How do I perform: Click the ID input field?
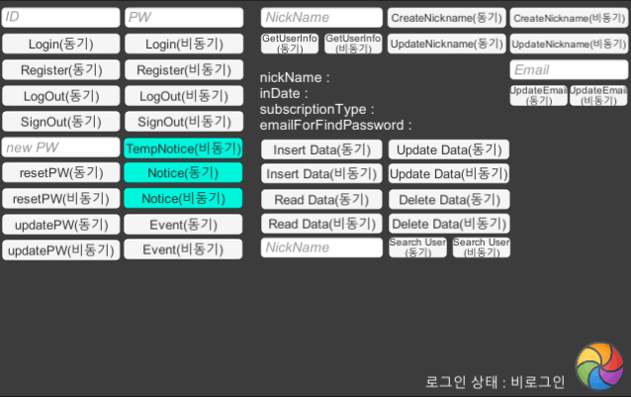point(60,18)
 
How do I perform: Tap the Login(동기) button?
point(60,44)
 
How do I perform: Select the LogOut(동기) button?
point(60,95)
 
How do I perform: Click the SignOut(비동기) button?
point(183,121)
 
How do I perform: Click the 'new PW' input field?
point(60,148)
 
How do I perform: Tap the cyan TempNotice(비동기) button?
point(183,148)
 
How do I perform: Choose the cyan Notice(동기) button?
point(183,172)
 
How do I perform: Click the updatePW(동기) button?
point(60,224)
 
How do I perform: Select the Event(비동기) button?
point(183,249)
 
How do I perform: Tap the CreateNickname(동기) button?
point(446,18)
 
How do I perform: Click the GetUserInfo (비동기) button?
point(352,43)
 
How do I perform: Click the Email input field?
point(569,70)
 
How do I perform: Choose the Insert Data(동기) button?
point(321,149)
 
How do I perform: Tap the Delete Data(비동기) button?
point(448,224)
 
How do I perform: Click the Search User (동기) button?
point(416,248)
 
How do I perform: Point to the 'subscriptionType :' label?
point(316,110)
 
